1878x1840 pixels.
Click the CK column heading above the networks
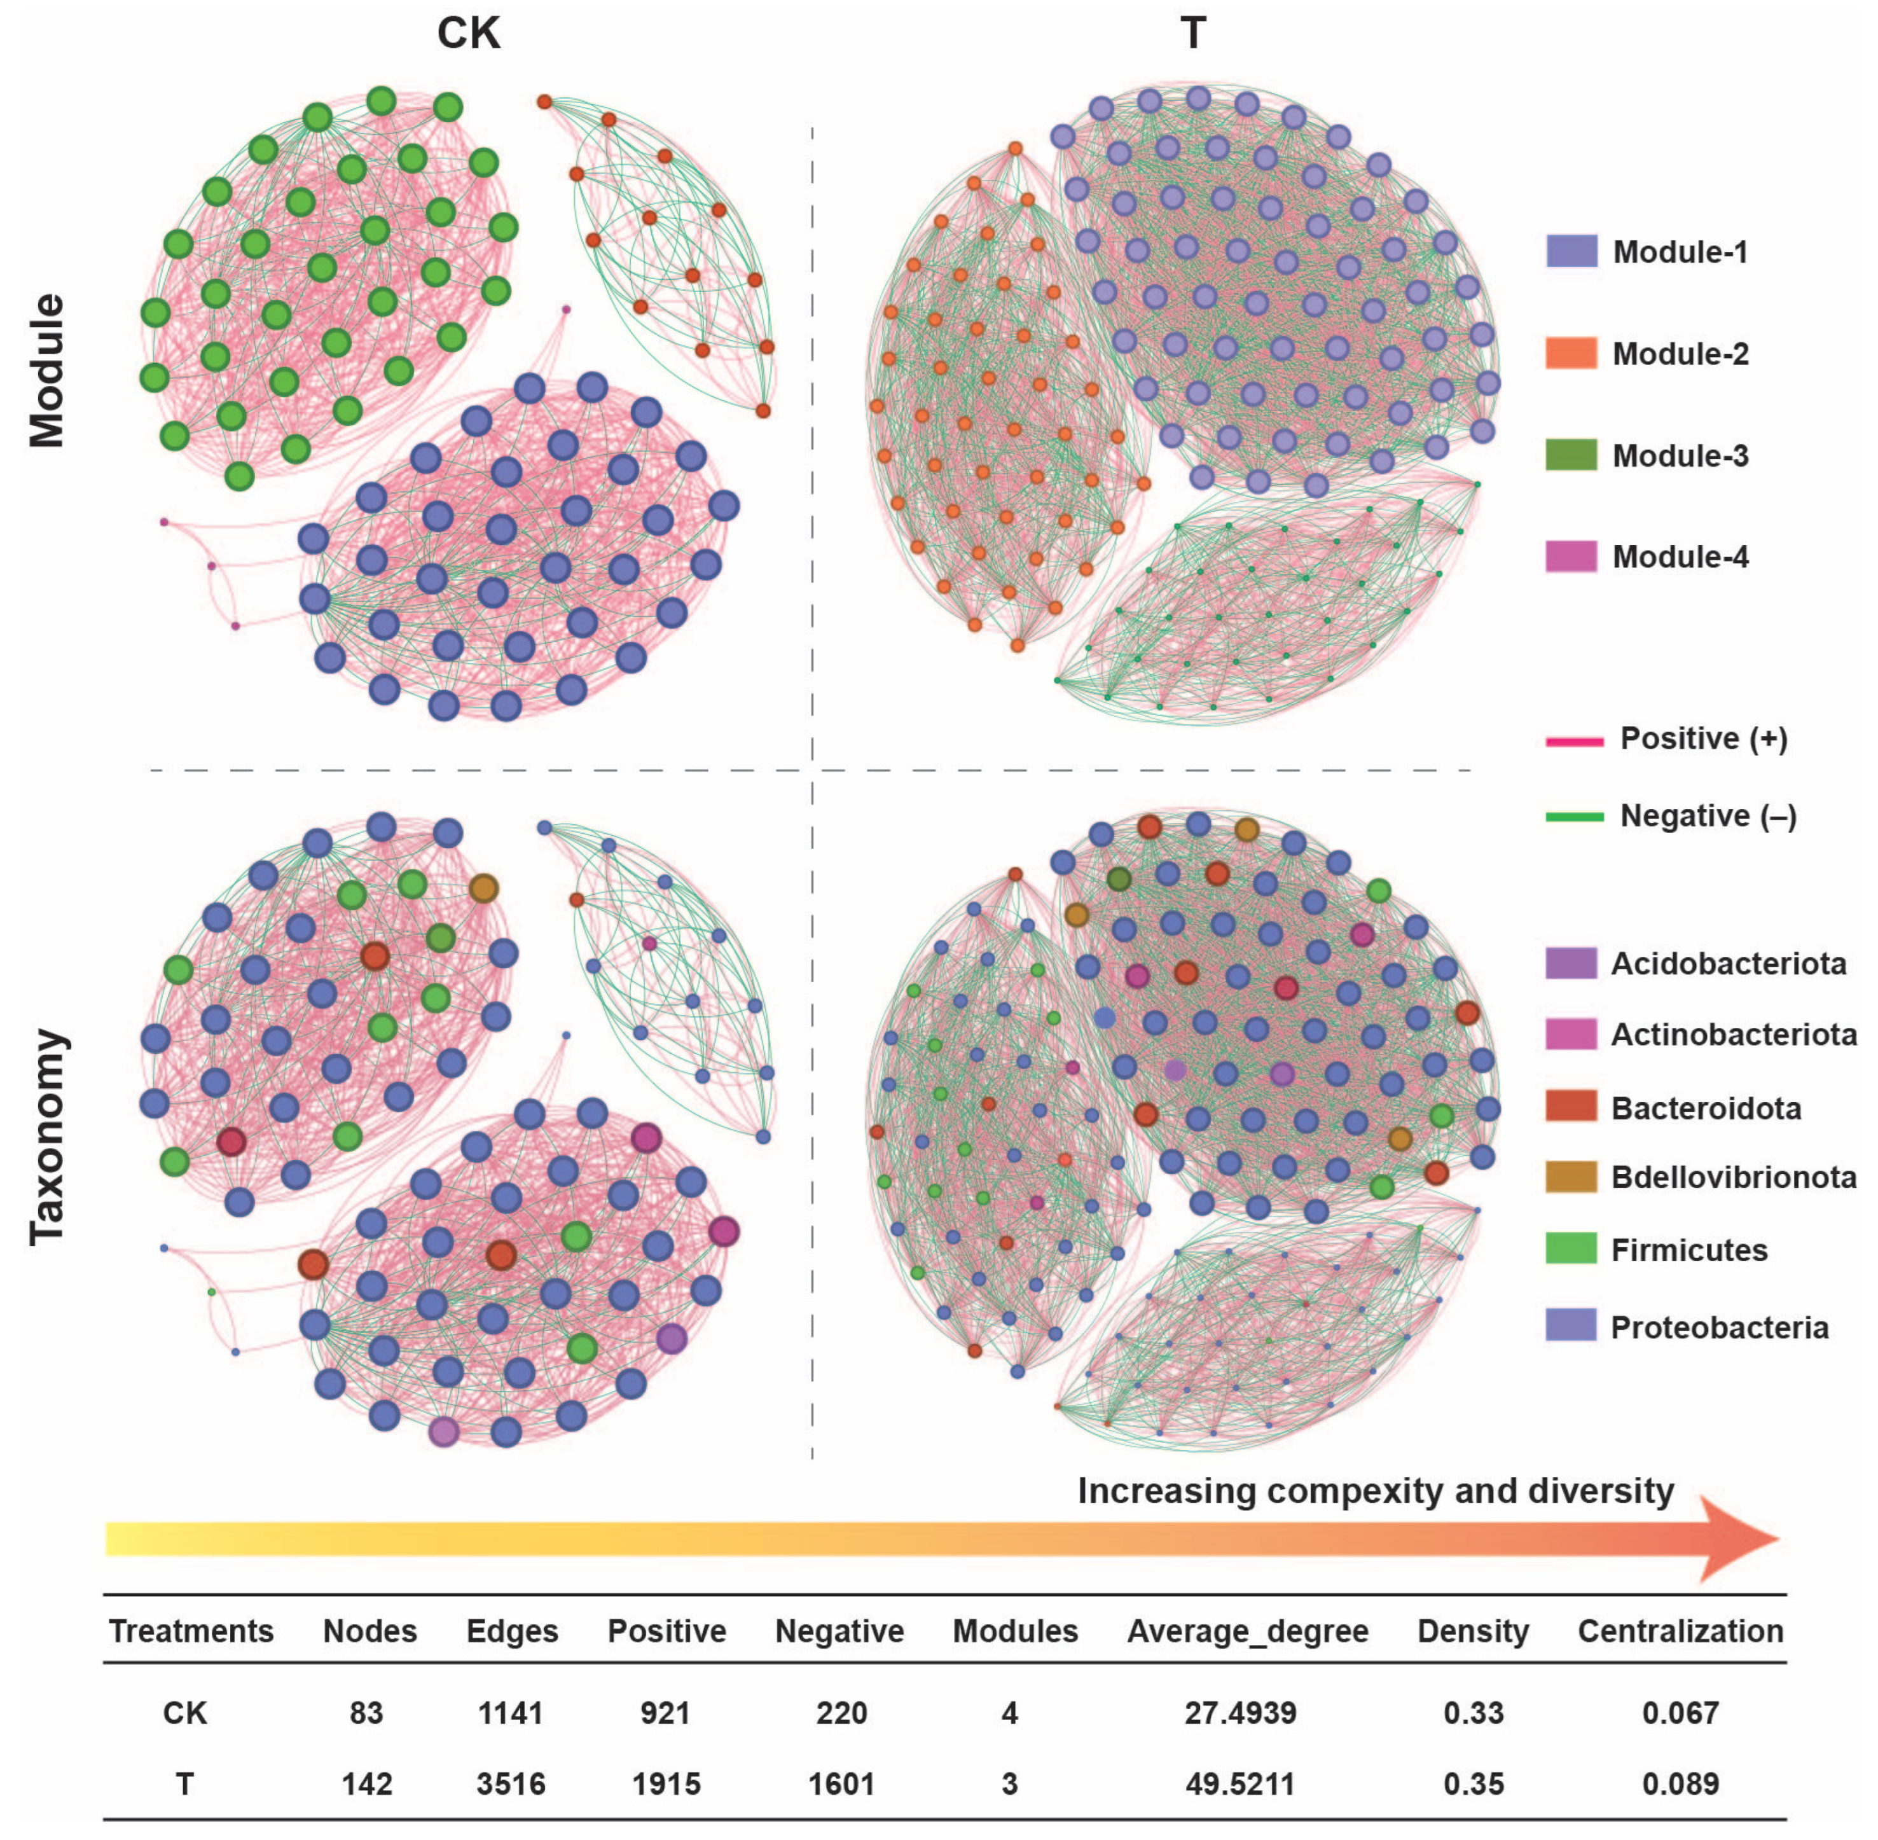pos(469,34)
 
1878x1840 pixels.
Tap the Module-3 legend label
pos(1680,455)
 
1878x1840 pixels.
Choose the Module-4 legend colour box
pos(1571,557)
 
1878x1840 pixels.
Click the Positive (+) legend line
pos(1575,741)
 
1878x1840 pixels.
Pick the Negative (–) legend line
pos(1575,817)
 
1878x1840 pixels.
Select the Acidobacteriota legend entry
pos(1728,964)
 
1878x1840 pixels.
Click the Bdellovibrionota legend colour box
pos(1571,1177)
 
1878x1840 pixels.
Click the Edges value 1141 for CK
pos(510,1713)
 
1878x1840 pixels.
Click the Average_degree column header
pos(1247,1631)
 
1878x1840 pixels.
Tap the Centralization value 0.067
pos(1680,1713)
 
